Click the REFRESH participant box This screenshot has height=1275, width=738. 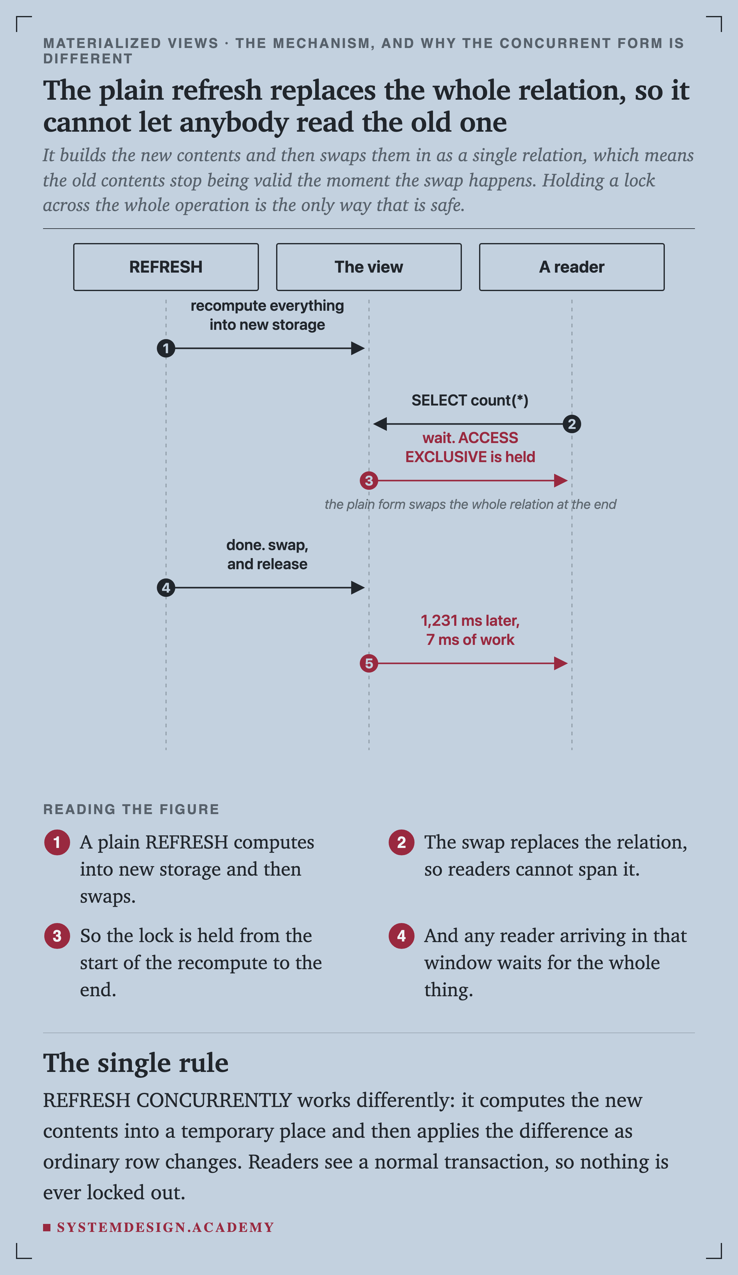(x=166, y=267)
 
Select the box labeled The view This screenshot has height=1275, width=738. (x=369, y=267)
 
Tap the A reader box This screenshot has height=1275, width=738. (x=572, y=267)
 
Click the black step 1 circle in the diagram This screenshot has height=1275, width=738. (x=166, y=348)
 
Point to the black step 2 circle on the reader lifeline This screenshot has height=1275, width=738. (x=572, y=424)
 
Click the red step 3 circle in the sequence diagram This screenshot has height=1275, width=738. (x=369, y=481)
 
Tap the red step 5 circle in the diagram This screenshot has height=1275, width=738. (x=369, y=663)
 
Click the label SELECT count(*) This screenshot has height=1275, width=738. (x=470, y=400)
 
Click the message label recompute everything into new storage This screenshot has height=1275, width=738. (x=267, y=315)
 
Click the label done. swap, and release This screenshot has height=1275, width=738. (x=267, y=554)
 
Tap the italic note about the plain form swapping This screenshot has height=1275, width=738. (x=470, y=505)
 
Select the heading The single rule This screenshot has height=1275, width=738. (x=136, y=1062)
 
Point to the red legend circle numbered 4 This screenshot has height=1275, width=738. (x=401, y=936)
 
